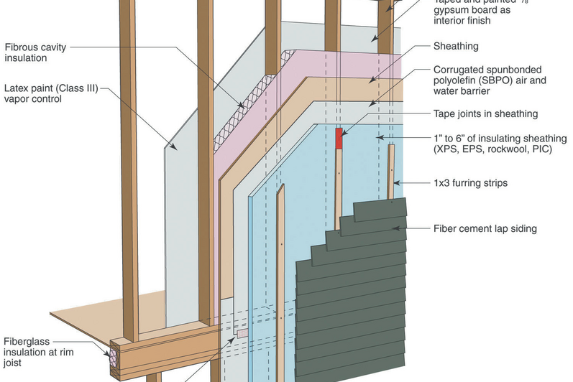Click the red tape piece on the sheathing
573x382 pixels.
coord(339,139)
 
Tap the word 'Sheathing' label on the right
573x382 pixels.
coord(456,47)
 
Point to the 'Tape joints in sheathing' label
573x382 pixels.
coord(485,113)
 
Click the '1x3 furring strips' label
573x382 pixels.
coord(470,183)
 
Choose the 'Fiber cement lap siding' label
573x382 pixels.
coord(485,229)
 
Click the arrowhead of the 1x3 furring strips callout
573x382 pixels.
coord(396,183)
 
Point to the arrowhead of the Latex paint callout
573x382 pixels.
coord(168,149)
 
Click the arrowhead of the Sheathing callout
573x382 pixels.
coord(370,80)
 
